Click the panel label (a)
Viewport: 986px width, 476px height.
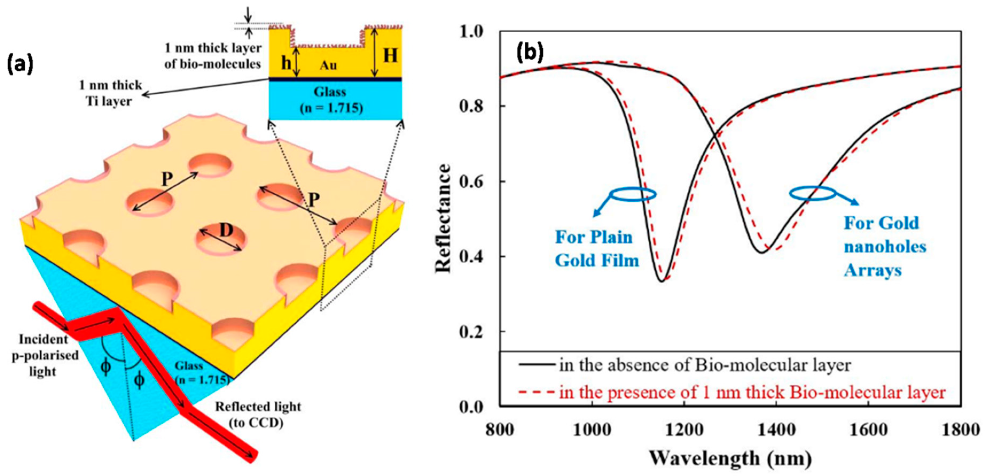(x=20, y=64)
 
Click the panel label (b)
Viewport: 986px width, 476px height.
(x=530, y=52)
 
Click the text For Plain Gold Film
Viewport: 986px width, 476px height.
(x=596, y=249)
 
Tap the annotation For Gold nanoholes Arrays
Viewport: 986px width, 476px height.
(x=885, y=247)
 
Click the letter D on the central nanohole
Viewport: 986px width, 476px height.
(x=226, y=231)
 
